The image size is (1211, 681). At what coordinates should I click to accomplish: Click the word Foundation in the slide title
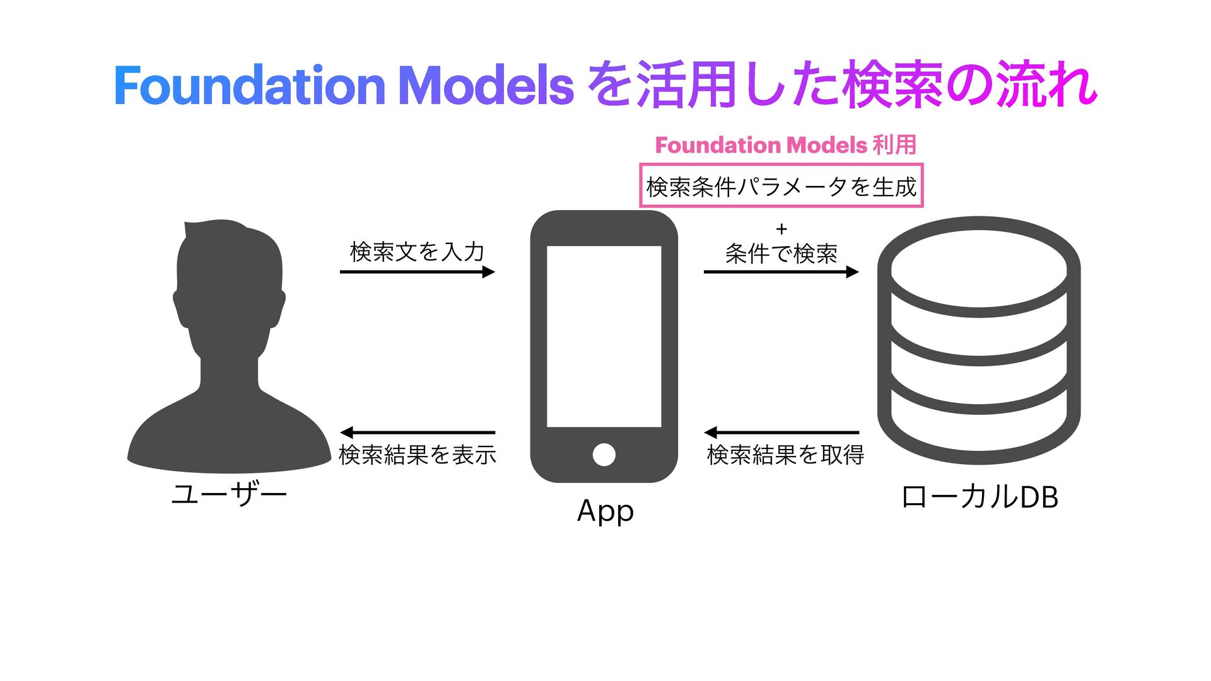coord(249,86)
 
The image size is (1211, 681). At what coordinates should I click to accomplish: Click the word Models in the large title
coord(486,86)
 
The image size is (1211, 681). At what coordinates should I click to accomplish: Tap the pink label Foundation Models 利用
coord(785,145)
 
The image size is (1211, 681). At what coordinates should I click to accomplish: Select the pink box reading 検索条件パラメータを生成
coord(781,186)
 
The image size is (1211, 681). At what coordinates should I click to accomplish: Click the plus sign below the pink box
coord(781,229)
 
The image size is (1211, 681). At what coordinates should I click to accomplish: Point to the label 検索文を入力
coord(417,252)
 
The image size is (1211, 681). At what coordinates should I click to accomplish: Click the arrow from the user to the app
coord(417,272)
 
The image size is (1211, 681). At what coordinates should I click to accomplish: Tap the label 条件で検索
coord(781,253)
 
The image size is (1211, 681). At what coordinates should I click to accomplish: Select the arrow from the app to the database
coord(781,272)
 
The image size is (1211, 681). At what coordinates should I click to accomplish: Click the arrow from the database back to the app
coord(781,433)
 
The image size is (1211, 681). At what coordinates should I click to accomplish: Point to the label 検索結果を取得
coord(785,455)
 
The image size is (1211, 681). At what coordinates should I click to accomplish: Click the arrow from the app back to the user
coord(417,433)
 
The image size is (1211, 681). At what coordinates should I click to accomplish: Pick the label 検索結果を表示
coord(417,455)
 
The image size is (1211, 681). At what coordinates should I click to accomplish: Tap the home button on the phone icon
coord(604,455)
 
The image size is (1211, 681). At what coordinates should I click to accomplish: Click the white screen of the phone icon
coord(604,336)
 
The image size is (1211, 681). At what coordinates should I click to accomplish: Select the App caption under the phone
coord(605,511)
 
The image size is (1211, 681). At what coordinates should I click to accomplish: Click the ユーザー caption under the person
coord(230,494)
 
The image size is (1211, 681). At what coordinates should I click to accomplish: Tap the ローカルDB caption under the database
coord(980,497)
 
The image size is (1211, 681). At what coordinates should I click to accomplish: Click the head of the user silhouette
coord(230,277)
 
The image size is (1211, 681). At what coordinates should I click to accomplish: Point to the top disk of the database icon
coord(979,268)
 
